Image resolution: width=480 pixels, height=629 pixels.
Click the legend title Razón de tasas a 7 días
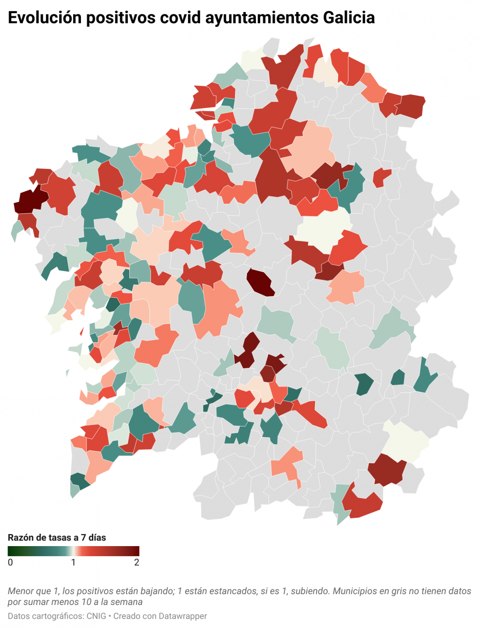[57, 538]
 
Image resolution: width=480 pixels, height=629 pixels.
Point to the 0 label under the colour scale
[10, 563]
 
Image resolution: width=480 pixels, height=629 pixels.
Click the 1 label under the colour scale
[73, 563]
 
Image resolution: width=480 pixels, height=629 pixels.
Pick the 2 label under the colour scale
[137, 563]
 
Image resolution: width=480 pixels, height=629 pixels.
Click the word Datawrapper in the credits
[183, 616]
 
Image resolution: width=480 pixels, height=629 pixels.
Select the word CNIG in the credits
[96, 616]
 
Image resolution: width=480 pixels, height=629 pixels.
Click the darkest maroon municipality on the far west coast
[30, 200]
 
